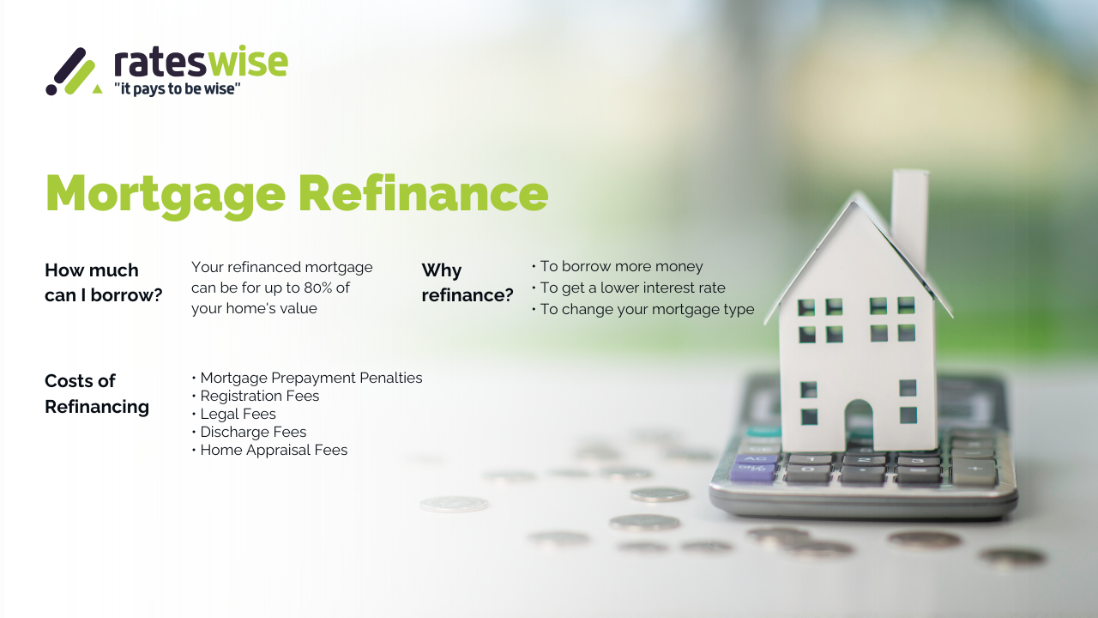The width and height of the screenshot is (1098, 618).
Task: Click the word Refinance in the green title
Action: tap(423, 193)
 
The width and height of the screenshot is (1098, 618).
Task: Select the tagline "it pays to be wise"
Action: tap(177, 88)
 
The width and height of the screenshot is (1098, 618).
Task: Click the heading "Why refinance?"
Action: tap(467, 282)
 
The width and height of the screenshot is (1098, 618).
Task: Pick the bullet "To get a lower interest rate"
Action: tap(631, 288)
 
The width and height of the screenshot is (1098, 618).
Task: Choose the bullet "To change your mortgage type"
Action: tap(646, 309)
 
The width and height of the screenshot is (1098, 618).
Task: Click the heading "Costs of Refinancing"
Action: tap(96, 393)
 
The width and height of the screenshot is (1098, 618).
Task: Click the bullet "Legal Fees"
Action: tap(238, 414)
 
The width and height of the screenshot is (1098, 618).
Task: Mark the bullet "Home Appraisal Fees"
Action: tap(273, 450)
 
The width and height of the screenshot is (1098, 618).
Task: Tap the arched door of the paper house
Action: tap(858, 424)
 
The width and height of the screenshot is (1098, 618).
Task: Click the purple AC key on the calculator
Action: tap(753, 460)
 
